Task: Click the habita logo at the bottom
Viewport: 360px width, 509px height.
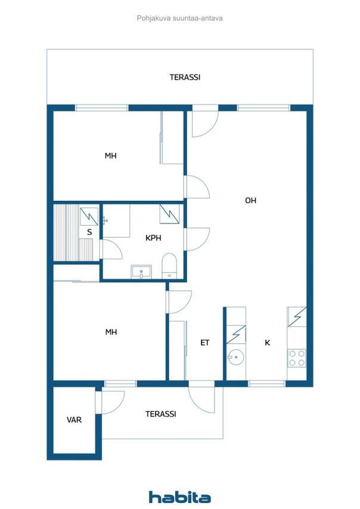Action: (x=179, y=496)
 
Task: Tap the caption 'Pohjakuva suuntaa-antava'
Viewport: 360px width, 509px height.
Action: (x=180, y=18)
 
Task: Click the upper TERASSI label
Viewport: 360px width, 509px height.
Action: (x=185, y=77)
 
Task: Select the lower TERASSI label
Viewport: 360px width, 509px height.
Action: (x=160, y=414)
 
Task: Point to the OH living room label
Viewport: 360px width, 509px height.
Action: (x=250, y=200)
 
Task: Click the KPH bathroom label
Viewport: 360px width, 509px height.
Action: (x=154, y=237)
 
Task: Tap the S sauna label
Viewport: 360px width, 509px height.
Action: (x=89, y=232)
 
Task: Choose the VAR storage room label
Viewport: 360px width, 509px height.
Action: (x=74, y=420)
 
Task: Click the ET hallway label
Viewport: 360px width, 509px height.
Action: (x=204, y=343)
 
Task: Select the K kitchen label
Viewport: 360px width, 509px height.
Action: (x=268, y=343)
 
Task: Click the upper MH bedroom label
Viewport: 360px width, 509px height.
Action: (x=110, y=156)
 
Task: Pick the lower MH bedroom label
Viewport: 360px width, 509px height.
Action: (x=110, y=332)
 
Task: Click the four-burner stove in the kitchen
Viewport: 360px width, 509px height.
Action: (x=297, y=358)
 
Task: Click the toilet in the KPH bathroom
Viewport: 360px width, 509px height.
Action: (x=170, y=265)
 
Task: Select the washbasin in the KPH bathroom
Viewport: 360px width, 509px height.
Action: (x=141, y=272)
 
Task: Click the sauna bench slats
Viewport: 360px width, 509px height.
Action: (x=65, y=232)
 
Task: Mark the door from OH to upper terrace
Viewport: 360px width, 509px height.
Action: (x=204, y=121)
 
